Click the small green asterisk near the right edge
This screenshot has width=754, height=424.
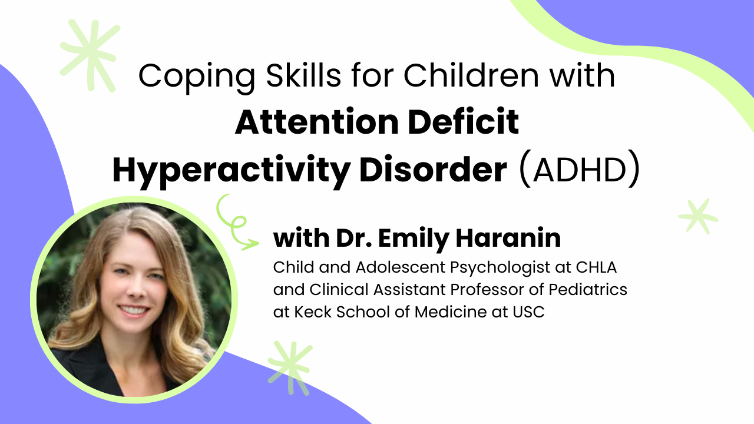point(699,216)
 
